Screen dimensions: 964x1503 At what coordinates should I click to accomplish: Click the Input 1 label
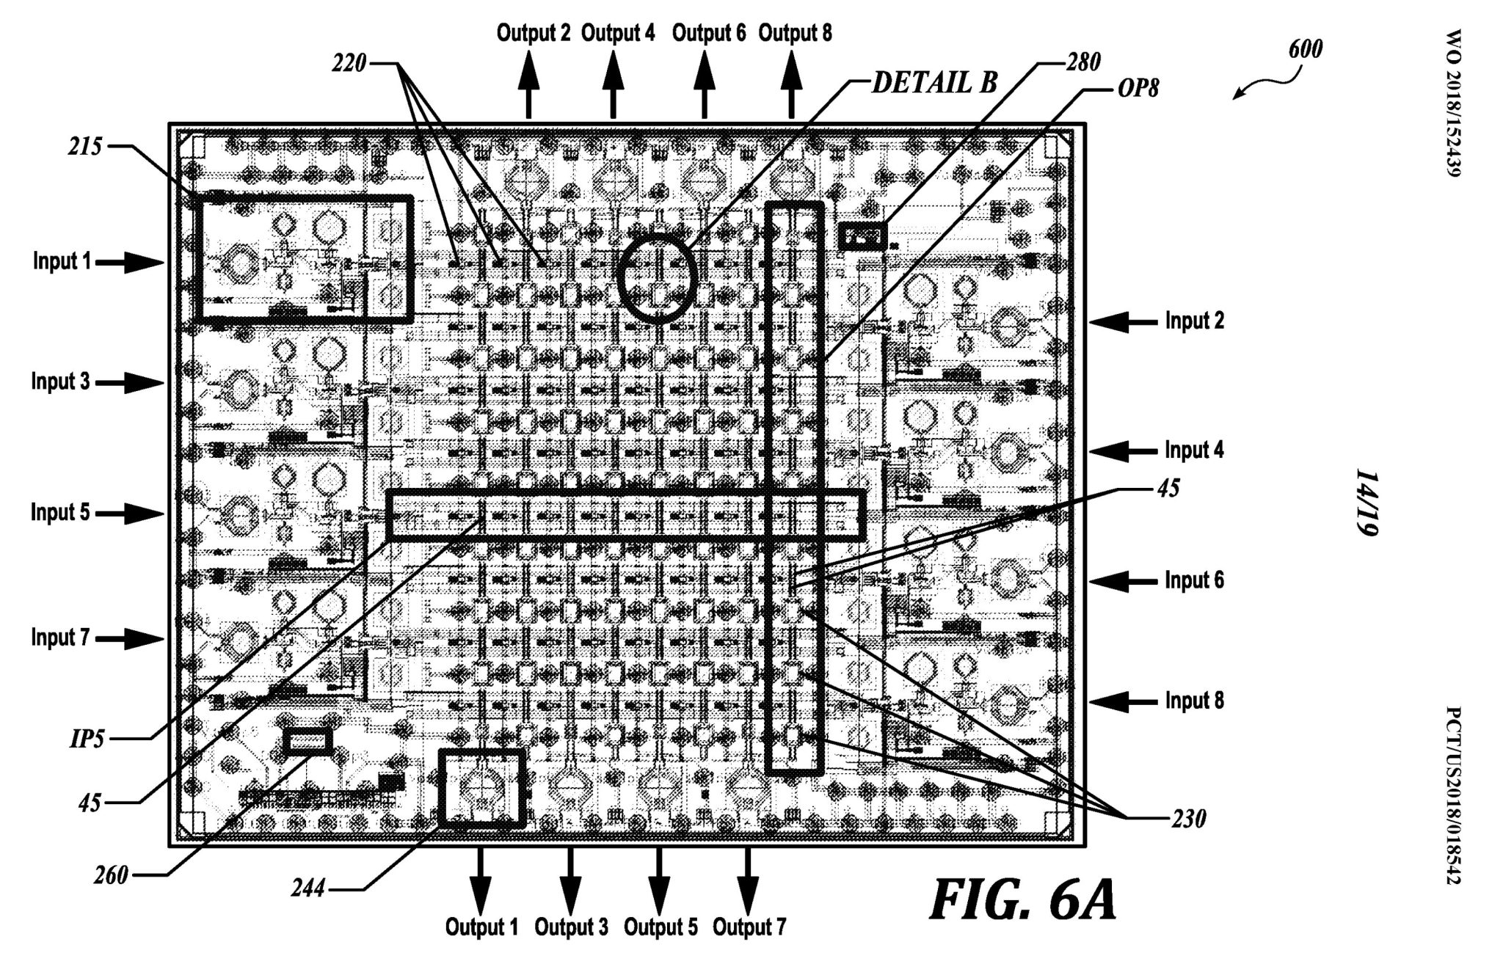click(x=62, y=261)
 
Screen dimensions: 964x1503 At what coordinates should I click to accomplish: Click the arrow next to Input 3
click(x=129, y=381)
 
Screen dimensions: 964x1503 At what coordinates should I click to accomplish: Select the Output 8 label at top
click(x=795, y=33)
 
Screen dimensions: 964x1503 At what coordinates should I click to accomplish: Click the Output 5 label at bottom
click(x=660, y=927)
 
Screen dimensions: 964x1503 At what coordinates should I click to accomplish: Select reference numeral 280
click(x=1082, y=62)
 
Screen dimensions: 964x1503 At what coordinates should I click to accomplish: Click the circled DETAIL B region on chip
click(x=656, y=278)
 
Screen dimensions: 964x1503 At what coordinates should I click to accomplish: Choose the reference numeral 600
click(x=1305, y=49)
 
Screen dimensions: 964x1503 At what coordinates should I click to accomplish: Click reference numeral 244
click(x=308, y=889)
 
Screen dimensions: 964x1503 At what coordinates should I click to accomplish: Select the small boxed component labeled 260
click(x=308, y=742)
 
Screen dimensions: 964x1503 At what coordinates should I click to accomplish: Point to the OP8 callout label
click(x=1137, y=90)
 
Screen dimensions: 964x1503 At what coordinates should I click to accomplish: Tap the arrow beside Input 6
click(x=1122, y=581)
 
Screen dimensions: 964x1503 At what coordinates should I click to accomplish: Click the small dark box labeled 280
click(x=862, y=236)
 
